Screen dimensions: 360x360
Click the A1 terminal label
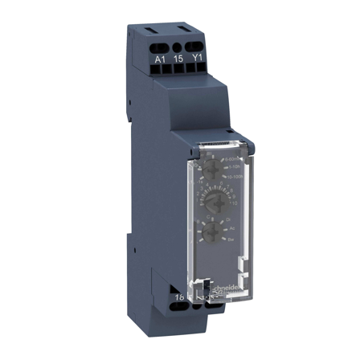click(x=159, y=58)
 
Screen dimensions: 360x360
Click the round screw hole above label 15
click(x=178, y=47)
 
